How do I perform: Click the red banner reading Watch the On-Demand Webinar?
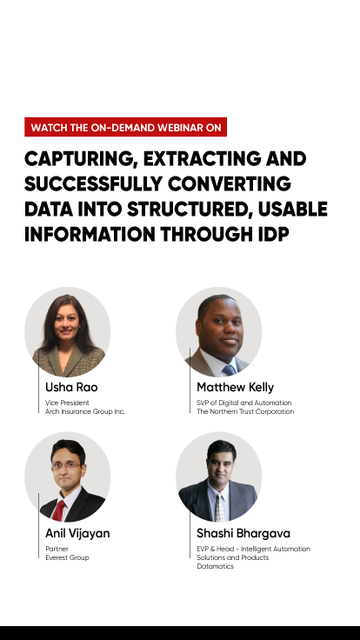tap(126, 127)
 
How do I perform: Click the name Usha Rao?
tap(71, 387)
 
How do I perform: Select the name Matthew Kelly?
tap(235, 387)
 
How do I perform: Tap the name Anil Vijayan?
tap(77, 533)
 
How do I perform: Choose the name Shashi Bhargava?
tap(243, 533)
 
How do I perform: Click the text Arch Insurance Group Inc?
tap(85, 411)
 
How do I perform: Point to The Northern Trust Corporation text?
tap(245, 411)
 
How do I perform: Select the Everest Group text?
tap(67, 557)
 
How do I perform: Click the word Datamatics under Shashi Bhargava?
tap(215, 567)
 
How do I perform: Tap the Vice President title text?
tap(67, 403)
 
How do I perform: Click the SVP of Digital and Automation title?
tap(244, 403)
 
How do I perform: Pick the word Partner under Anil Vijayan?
tap(57, 549)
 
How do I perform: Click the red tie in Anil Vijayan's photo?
tap(58, 510)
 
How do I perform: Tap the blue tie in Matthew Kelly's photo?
tap(229, 370)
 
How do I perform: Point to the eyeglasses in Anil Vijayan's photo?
tap(66, 465)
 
